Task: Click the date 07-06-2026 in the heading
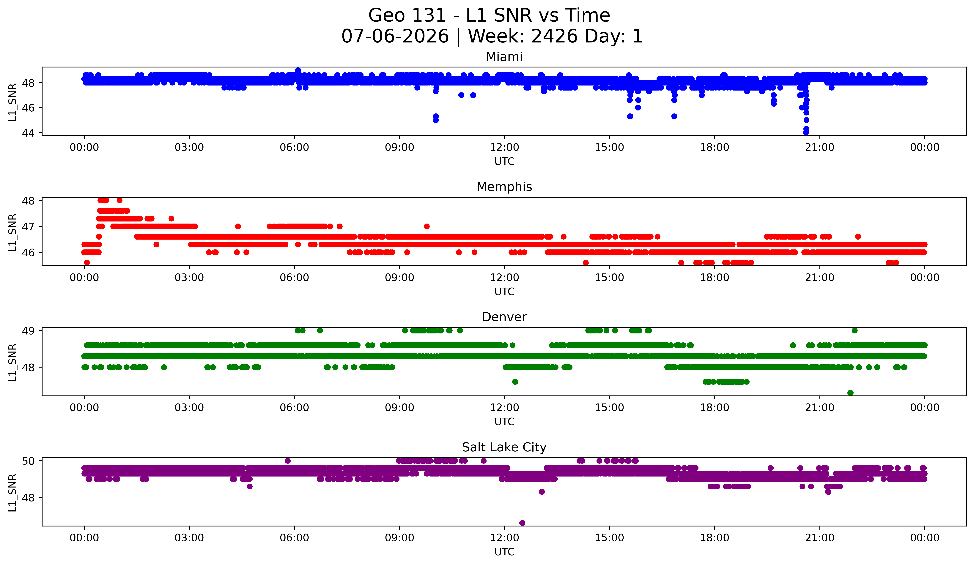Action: [395, 36]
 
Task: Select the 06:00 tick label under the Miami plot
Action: [295, 148]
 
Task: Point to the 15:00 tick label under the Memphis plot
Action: [610, 278]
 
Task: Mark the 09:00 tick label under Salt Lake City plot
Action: [399, 538]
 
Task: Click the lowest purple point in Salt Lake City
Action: [522, 523]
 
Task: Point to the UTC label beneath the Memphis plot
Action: [504, 292]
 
